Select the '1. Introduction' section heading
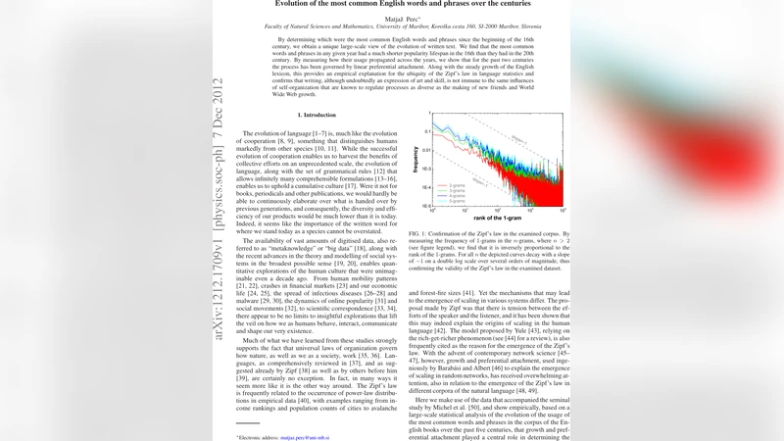(x=317, y=116)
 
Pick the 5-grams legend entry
(x=451, y=202)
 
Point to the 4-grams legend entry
(x=451, y=196)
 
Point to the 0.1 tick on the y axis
(x=428, y=130)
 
